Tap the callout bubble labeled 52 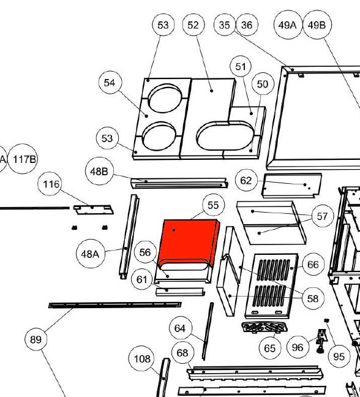click(x=193, y=25)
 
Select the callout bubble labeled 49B click(x=317, y=25)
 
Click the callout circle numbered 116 click(x=51, y=184)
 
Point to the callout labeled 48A click(x=91, y=254)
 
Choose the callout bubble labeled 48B click(x=99, y=171)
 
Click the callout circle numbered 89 click(x=36, y=339)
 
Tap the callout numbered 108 click(x=143, y=358)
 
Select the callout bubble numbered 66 click(x=313, y=265)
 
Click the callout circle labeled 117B click(x=23, y=159)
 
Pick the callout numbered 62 click(x=246, y=181)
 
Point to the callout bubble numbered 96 click(x=298, y=347)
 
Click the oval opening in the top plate click(x=226, y=136)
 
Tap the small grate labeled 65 click(x=264, y=327)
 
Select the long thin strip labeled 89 click(x=115, y=305)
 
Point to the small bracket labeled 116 click(x=93, y=210)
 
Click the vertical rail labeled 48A click(x=129, y=236)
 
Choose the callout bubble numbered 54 click(x=110, y=83)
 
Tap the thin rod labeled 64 click(x=208, y=331)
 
